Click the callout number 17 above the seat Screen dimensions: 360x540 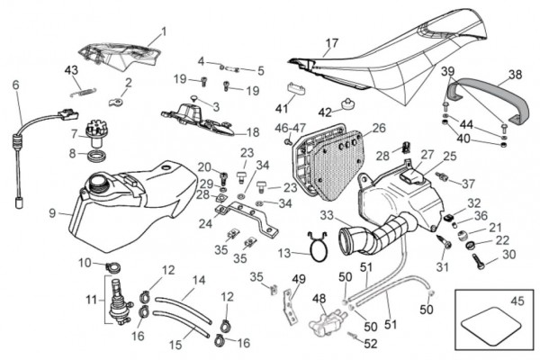tap(332, 42)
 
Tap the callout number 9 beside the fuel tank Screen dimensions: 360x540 tap(53, 213)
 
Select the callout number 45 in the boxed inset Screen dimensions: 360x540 tap(517, 301)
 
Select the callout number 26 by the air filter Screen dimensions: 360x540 tap(379, 128)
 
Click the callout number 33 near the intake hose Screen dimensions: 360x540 tap(326, 215)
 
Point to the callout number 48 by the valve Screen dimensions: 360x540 tap(319, 298)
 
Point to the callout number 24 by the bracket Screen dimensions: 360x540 tap(206, 222)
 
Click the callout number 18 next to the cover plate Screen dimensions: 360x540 tap(253, 131)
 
